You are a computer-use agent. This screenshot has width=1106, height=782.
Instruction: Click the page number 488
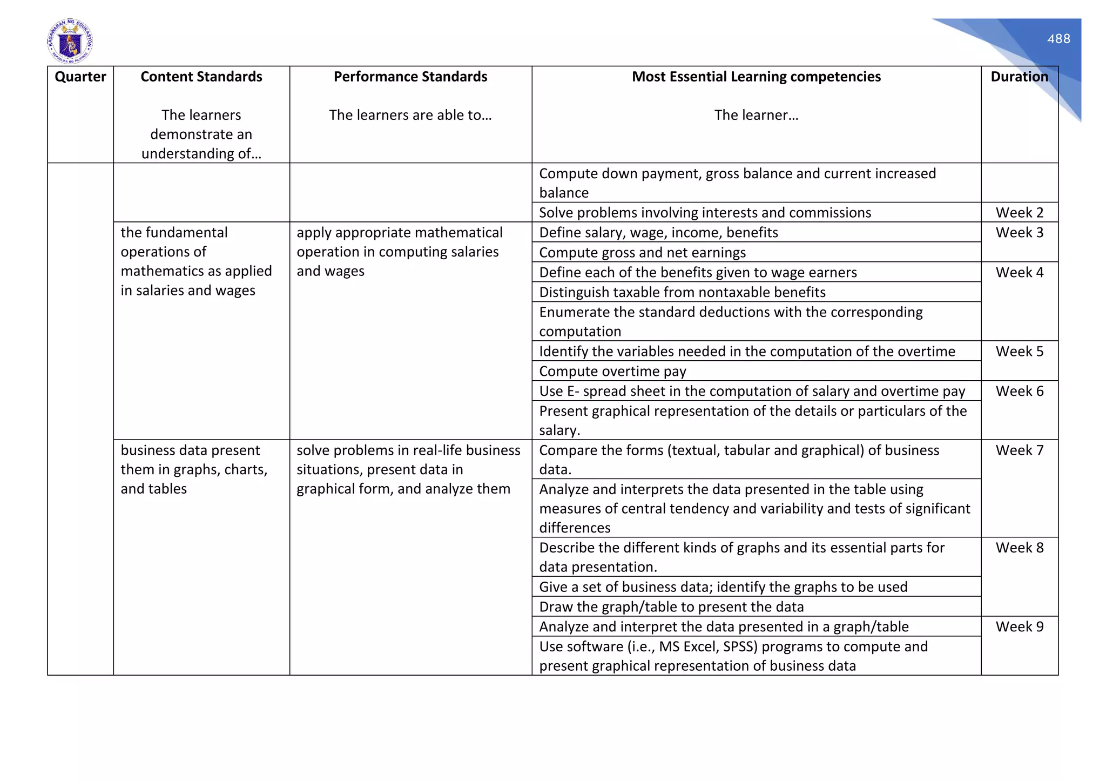click(1058, 39)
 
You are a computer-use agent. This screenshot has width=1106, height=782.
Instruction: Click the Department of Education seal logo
click(70, 41)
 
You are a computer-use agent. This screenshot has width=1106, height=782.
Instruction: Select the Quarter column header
click(80, 77)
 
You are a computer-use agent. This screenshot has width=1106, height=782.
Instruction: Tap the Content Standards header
click(201, 77)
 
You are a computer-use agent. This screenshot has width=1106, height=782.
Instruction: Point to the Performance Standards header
click(410, 77)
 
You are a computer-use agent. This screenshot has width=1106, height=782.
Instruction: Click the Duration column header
click(1019, 77)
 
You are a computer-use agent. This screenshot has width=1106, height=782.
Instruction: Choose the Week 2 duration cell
click(1019, 212)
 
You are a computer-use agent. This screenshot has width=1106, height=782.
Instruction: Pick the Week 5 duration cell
click(1019, 352)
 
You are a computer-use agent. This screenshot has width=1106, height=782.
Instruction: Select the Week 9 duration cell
click(1019, 626)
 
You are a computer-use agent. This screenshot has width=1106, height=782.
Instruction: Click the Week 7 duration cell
click(1019, 450)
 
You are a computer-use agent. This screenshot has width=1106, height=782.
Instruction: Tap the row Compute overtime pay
click(612, 371)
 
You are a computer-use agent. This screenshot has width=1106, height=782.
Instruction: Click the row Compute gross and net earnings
click(642, 252)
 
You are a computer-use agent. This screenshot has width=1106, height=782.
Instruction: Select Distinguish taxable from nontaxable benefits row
click(682, 292)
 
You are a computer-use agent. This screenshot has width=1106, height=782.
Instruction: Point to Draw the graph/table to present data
click(671, 606)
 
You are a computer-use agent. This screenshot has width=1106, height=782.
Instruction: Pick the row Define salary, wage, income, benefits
click(658, 232)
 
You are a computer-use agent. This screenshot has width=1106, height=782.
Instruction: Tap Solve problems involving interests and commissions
click(705, 212)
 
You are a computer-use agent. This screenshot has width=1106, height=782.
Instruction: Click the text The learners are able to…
click(410, 115)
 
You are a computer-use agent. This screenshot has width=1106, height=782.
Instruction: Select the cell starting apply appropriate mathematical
click(399, 252)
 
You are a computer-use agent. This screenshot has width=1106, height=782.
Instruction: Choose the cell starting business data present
click(194, 469)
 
